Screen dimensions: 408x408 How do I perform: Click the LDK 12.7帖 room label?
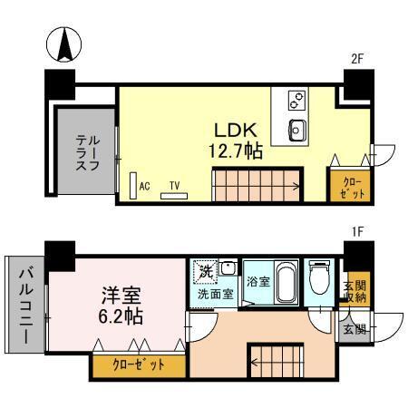coord(238,140)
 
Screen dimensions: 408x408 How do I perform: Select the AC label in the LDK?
coord(144,187)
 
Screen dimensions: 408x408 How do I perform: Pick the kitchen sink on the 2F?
coord(296,128)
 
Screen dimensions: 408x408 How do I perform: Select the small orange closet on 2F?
coord(348,188)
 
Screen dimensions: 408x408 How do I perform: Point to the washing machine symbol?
coord(205,270)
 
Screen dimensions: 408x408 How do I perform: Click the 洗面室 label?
coord(216,295)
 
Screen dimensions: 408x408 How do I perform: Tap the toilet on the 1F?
coord(318,277)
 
